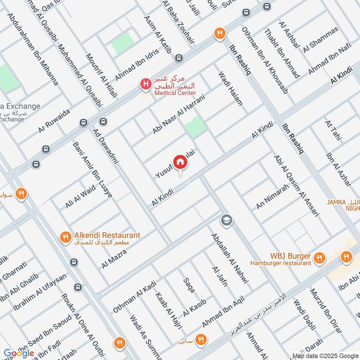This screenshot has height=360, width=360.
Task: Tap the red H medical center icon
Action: [x=145, y=84]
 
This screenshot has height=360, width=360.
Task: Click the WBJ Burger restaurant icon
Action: [x=319, y=258]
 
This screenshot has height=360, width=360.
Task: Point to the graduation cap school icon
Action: [x=226, y=220]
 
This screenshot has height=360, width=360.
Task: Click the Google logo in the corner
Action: [x=19, y=353]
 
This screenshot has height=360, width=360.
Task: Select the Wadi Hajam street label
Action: [x=230, y=89]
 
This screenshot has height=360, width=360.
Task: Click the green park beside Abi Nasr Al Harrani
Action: [x=194, y=127]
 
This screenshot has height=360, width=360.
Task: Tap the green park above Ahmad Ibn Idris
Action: [x=123, y=43]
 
